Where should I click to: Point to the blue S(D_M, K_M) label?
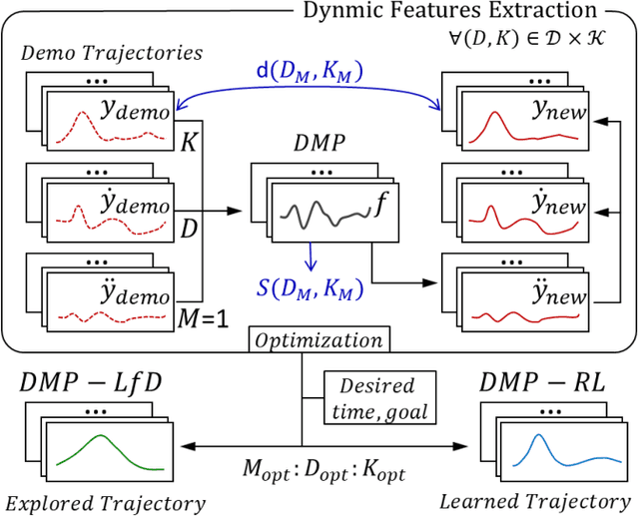[311, 291]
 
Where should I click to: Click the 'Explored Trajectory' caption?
[104, 503]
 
